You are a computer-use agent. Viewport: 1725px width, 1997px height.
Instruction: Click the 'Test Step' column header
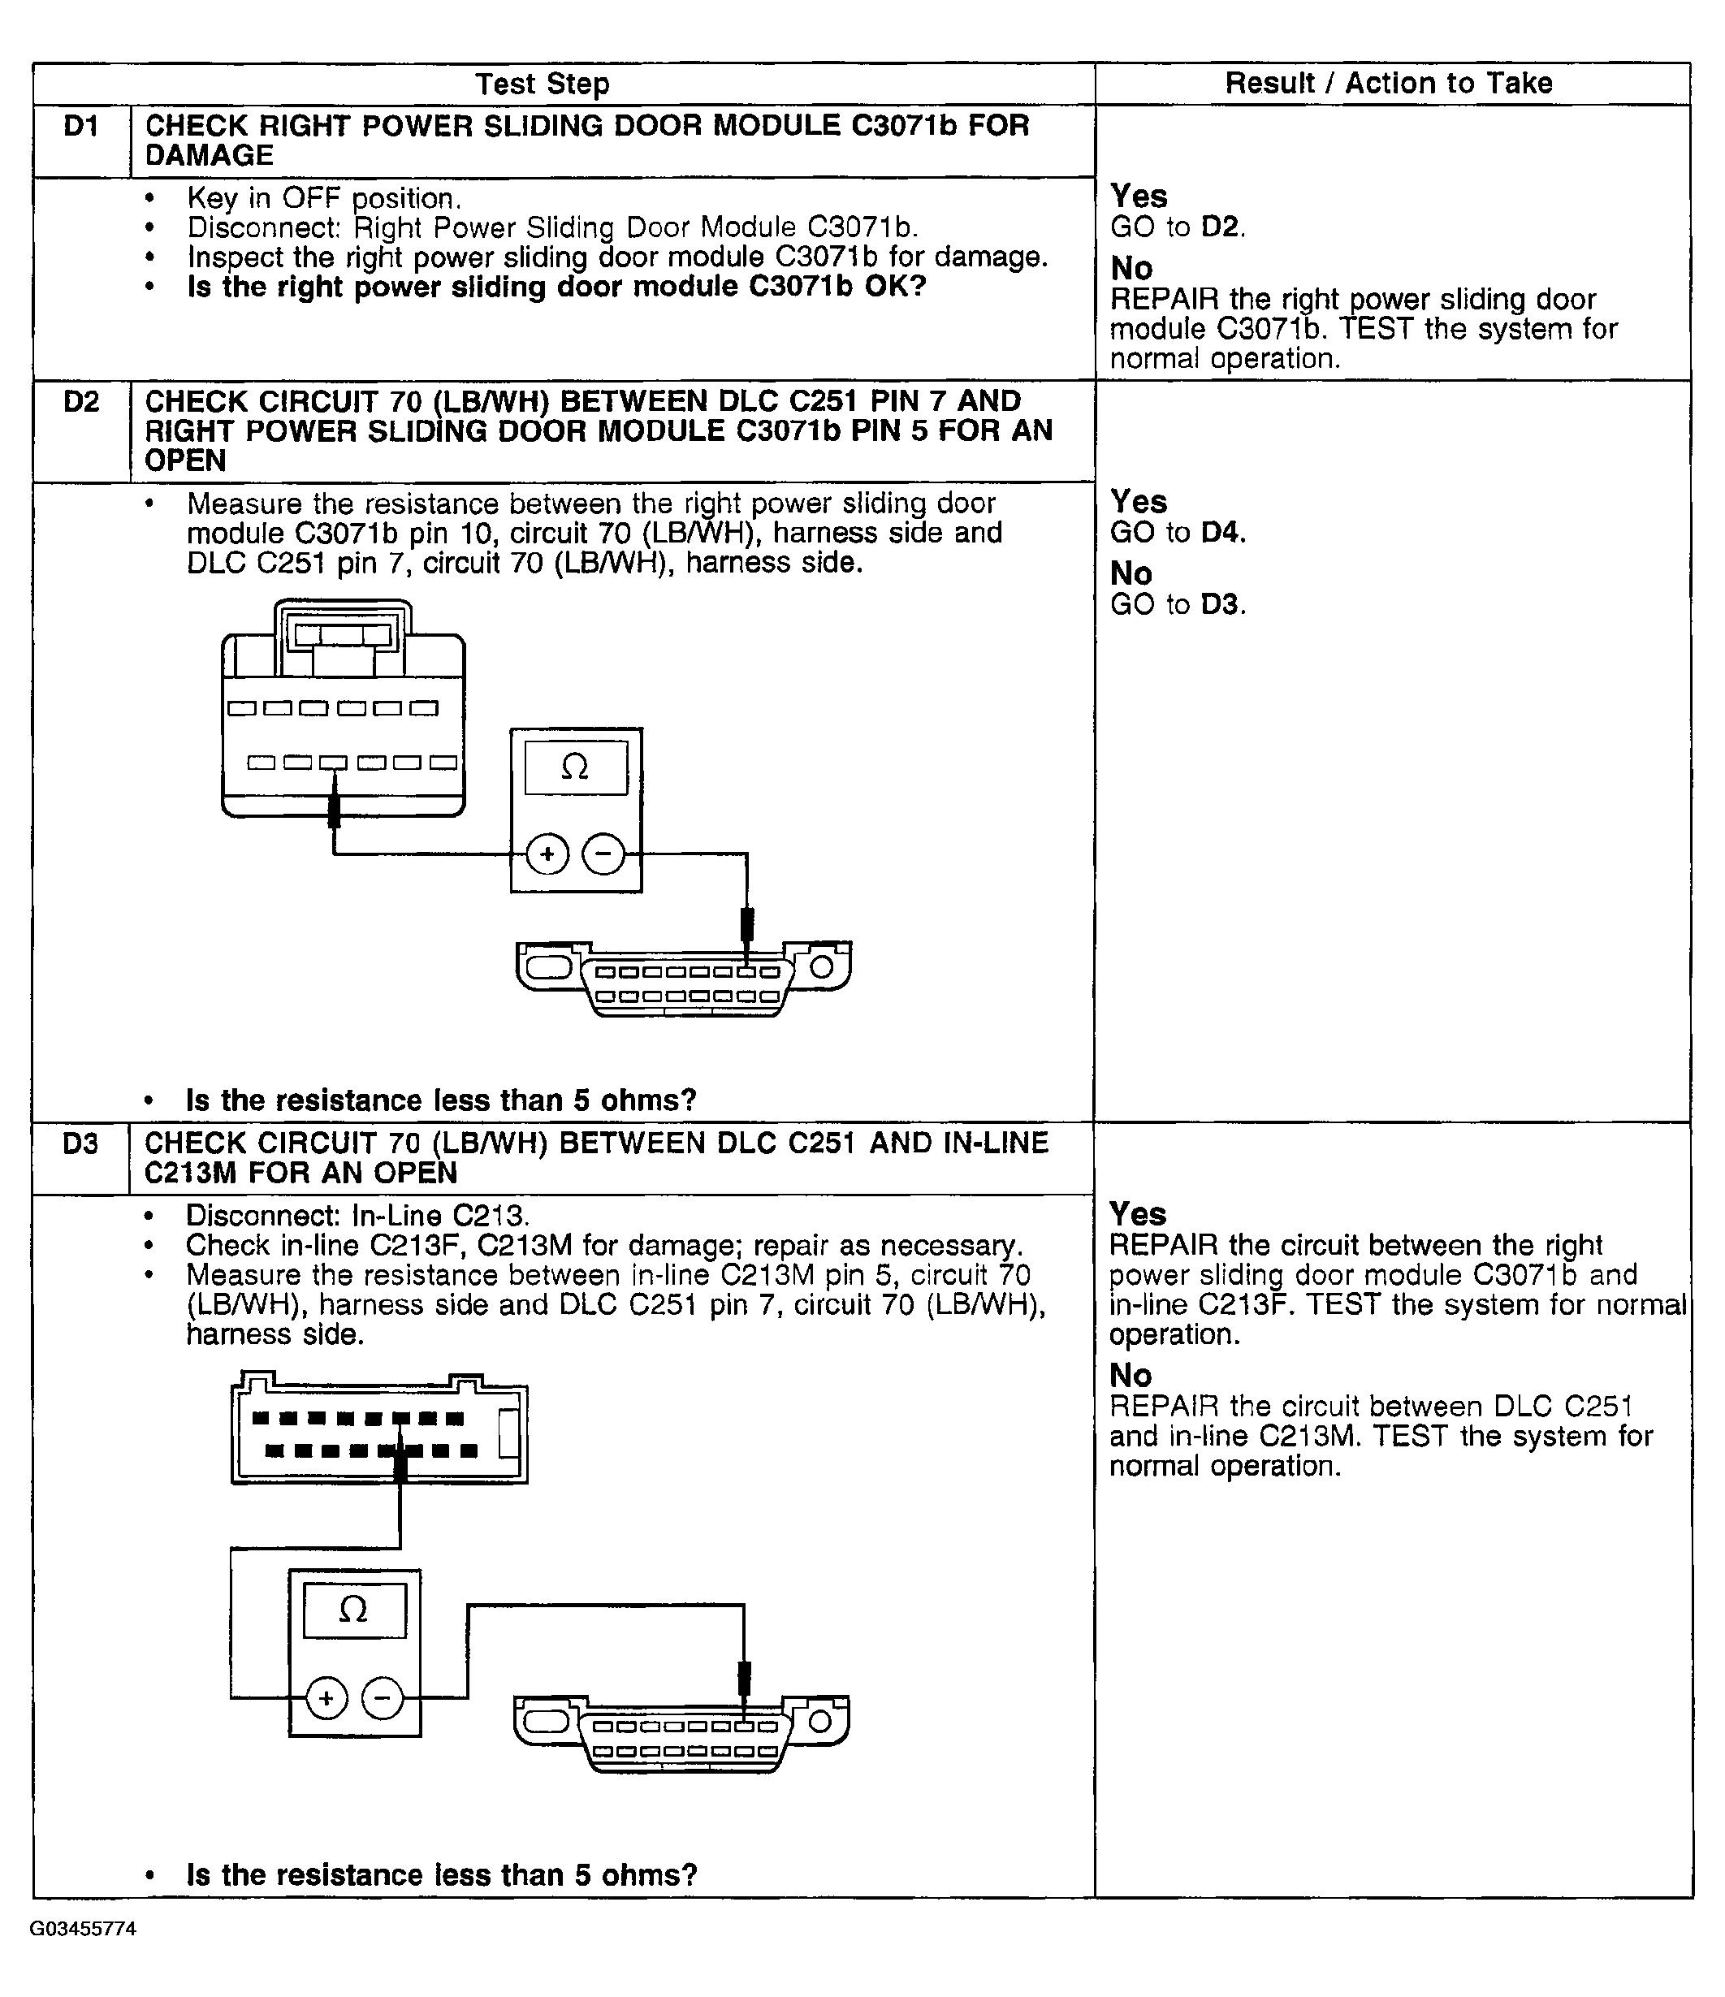(543, 84)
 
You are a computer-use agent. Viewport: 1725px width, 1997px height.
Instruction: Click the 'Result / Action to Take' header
(1389, 83)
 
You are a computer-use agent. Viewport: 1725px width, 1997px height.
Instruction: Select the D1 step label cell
(81, 126)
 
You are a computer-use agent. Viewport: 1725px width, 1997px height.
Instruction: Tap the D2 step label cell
(81, 401)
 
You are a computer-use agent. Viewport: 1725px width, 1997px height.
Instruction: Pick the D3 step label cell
(81, 1143)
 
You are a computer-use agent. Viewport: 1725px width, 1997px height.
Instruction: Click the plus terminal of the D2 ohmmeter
(547, 854)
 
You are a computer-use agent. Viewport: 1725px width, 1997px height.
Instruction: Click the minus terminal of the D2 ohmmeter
(604, 854)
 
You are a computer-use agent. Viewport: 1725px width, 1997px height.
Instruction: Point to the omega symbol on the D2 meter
(575, 767)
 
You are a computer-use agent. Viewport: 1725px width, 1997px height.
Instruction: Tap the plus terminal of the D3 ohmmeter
(326, 1697)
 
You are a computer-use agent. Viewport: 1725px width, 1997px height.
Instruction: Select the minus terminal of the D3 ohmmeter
(383, 1697)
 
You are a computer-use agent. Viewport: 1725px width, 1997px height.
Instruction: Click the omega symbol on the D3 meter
(353, 1610)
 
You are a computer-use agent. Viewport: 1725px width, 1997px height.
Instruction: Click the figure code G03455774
(83, 1929)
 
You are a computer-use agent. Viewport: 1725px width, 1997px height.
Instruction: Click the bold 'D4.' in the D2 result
(1223, 532)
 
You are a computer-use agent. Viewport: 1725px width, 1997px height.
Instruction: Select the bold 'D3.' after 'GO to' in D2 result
(1223, 604)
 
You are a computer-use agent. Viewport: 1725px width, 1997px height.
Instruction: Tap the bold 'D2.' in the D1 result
(1223, 227)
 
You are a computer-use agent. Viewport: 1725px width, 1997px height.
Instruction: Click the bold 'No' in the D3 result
(1131, 1376)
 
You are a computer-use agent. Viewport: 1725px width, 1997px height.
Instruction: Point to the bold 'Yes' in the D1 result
(1138, 196)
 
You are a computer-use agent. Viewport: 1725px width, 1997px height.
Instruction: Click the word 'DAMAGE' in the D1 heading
(209, 155)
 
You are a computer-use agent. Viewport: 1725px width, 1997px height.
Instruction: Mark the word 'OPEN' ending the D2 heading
(185, 460)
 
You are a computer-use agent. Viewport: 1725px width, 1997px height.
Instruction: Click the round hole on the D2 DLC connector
(821, 966)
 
